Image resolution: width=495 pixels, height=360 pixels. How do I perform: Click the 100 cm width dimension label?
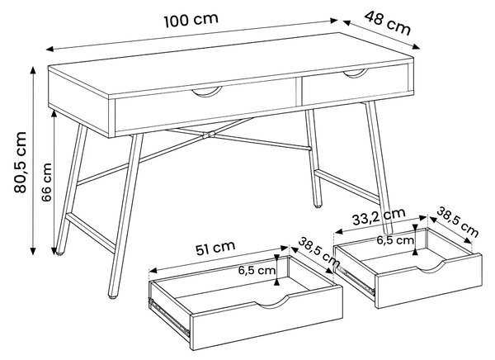click(x=191, y=20)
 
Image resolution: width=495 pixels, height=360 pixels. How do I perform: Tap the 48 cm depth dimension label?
click(x=388, y=23)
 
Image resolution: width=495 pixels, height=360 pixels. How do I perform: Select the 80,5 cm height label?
click(x=20, y=162)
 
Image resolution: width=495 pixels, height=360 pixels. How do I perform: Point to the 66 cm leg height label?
click(x=46, y=182)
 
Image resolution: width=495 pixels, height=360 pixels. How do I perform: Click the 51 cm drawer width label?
click(x=215, y=248)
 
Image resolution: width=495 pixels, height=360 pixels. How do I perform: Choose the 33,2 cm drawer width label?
click(x=379, y=216)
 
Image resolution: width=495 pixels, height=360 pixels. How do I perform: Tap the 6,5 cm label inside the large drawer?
click(x=257, y=270)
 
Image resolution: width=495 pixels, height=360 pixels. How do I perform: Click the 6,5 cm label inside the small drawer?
click(x=395, y=240)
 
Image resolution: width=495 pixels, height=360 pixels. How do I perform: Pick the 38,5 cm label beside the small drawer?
click(x=457, y=221)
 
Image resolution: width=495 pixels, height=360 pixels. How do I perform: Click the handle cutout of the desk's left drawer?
click(x=207, y=92)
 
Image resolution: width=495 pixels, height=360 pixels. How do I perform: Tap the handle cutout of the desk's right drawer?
click(x=356, y=73)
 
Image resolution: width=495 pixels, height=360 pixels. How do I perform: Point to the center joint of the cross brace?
click(x=209, y=135)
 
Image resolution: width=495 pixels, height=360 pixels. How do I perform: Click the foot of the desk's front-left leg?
click(x=113, y=296)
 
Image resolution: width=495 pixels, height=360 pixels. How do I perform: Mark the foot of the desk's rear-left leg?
click(x=59, y=253)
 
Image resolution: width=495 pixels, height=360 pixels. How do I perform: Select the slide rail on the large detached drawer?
click(x=169, y=316)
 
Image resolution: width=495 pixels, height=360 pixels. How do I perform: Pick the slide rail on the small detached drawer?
click(x=354, y=280)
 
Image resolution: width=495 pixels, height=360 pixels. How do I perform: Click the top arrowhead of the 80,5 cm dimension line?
click(x=32, y=70)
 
